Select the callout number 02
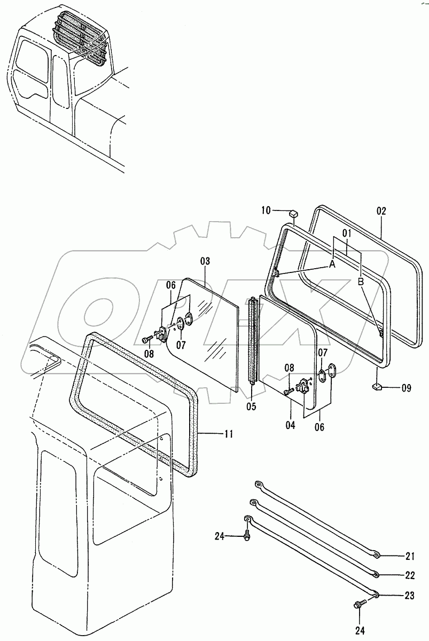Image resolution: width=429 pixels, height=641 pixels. (x=381, y=210)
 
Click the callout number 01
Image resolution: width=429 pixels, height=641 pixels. (x=347, y=234)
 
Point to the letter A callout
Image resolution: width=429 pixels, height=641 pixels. (x=332, y=264)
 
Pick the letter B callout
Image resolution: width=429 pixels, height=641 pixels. (x=361, y=280)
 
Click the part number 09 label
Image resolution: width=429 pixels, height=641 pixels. (x=406, y=388)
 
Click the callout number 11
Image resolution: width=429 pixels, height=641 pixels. (x=228, y=434)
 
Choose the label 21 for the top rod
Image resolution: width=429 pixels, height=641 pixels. (x=409, y=556)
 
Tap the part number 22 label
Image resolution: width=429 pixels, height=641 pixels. (x=409, y=575)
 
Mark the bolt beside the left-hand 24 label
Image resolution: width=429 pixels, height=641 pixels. (x=247, y=536)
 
